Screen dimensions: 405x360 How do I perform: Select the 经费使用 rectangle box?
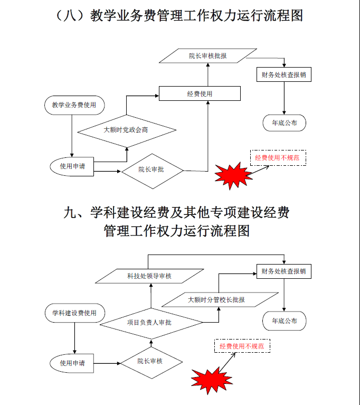[x=200, y=93]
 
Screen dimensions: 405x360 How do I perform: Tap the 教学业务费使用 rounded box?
[x=74, y=105]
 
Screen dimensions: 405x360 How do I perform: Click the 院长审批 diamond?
[x=151, y=169]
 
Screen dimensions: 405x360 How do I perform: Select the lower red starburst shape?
[x=209, y=379]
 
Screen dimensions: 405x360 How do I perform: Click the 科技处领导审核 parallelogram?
[x=149, y=276]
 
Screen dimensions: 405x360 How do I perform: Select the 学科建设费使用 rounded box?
[x=74, y=313]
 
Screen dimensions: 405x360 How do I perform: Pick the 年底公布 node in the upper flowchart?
[x=284, y=123]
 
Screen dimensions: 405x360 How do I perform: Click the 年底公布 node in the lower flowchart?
[x=284, y=321]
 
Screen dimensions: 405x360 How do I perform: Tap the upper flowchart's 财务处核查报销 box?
[x=283, y=74]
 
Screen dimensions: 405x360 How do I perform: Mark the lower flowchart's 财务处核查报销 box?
[x=283, y=271]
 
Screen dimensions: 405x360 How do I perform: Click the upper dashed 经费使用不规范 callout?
[x=278, y=157]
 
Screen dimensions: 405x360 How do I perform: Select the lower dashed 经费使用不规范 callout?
[x=242, y=346]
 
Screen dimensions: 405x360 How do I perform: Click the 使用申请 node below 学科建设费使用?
[x=72, y=363]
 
